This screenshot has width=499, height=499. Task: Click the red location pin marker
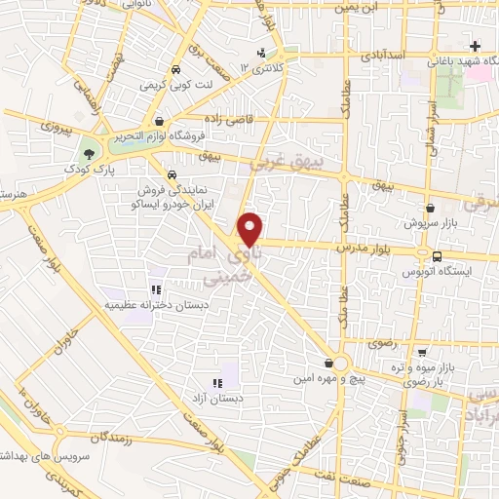click(251, 228)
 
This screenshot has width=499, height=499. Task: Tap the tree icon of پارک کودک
click(90, 154)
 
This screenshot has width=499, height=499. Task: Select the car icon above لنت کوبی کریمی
click(174, 70)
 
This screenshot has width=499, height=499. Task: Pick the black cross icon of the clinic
click(475, 46)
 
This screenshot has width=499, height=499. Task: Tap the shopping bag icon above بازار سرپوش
click(431, 208)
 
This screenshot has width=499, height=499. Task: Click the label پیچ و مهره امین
click(327, 376)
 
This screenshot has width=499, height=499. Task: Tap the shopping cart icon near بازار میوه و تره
click(421, 353)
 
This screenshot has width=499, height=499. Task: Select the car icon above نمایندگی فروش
click(172, 175)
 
